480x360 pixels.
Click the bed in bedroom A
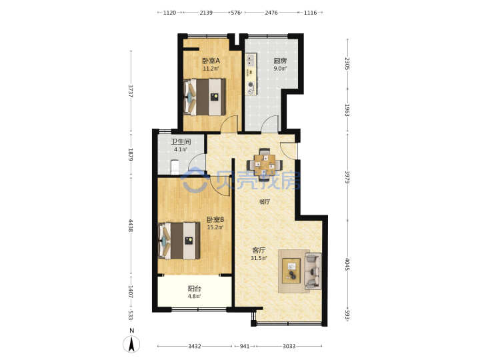(205, 97)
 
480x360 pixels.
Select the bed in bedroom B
(179, 241)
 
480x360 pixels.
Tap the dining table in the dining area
(265, 165)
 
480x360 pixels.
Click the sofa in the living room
(313, 271)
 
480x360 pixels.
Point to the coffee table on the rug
(291, 271)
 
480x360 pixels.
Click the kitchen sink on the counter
(251, 60)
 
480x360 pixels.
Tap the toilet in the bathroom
(174, 167)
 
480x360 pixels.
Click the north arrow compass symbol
(131, 343)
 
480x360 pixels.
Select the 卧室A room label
(211, 61)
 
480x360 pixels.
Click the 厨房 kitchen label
(280, 61)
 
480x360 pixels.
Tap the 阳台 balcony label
(195, 289)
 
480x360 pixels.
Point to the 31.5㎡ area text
(259, 258)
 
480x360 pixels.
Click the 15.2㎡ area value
(215, 227)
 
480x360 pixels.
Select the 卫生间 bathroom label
(181, 142)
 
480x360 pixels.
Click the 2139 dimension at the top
(206, 13)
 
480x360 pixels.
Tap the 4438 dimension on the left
(131, 225)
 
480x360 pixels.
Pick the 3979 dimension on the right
(347, 177)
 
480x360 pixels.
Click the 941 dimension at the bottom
(244, 346)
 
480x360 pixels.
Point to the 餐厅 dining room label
(265, 202)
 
